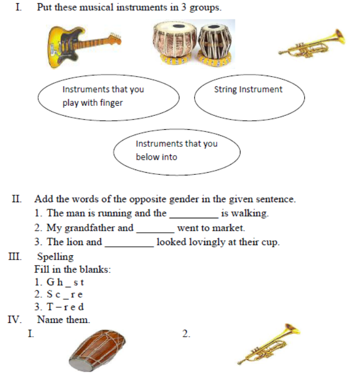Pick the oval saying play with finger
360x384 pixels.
click(x=108, y=97)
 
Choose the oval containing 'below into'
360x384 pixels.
click(x=177, y=151)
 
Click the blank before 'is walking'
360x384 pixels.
click(x=193, y=213)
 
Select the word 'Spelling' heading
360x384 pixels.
click(x=55, y=257)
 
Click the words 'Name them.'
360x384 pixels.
click(x=64, y=320)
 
